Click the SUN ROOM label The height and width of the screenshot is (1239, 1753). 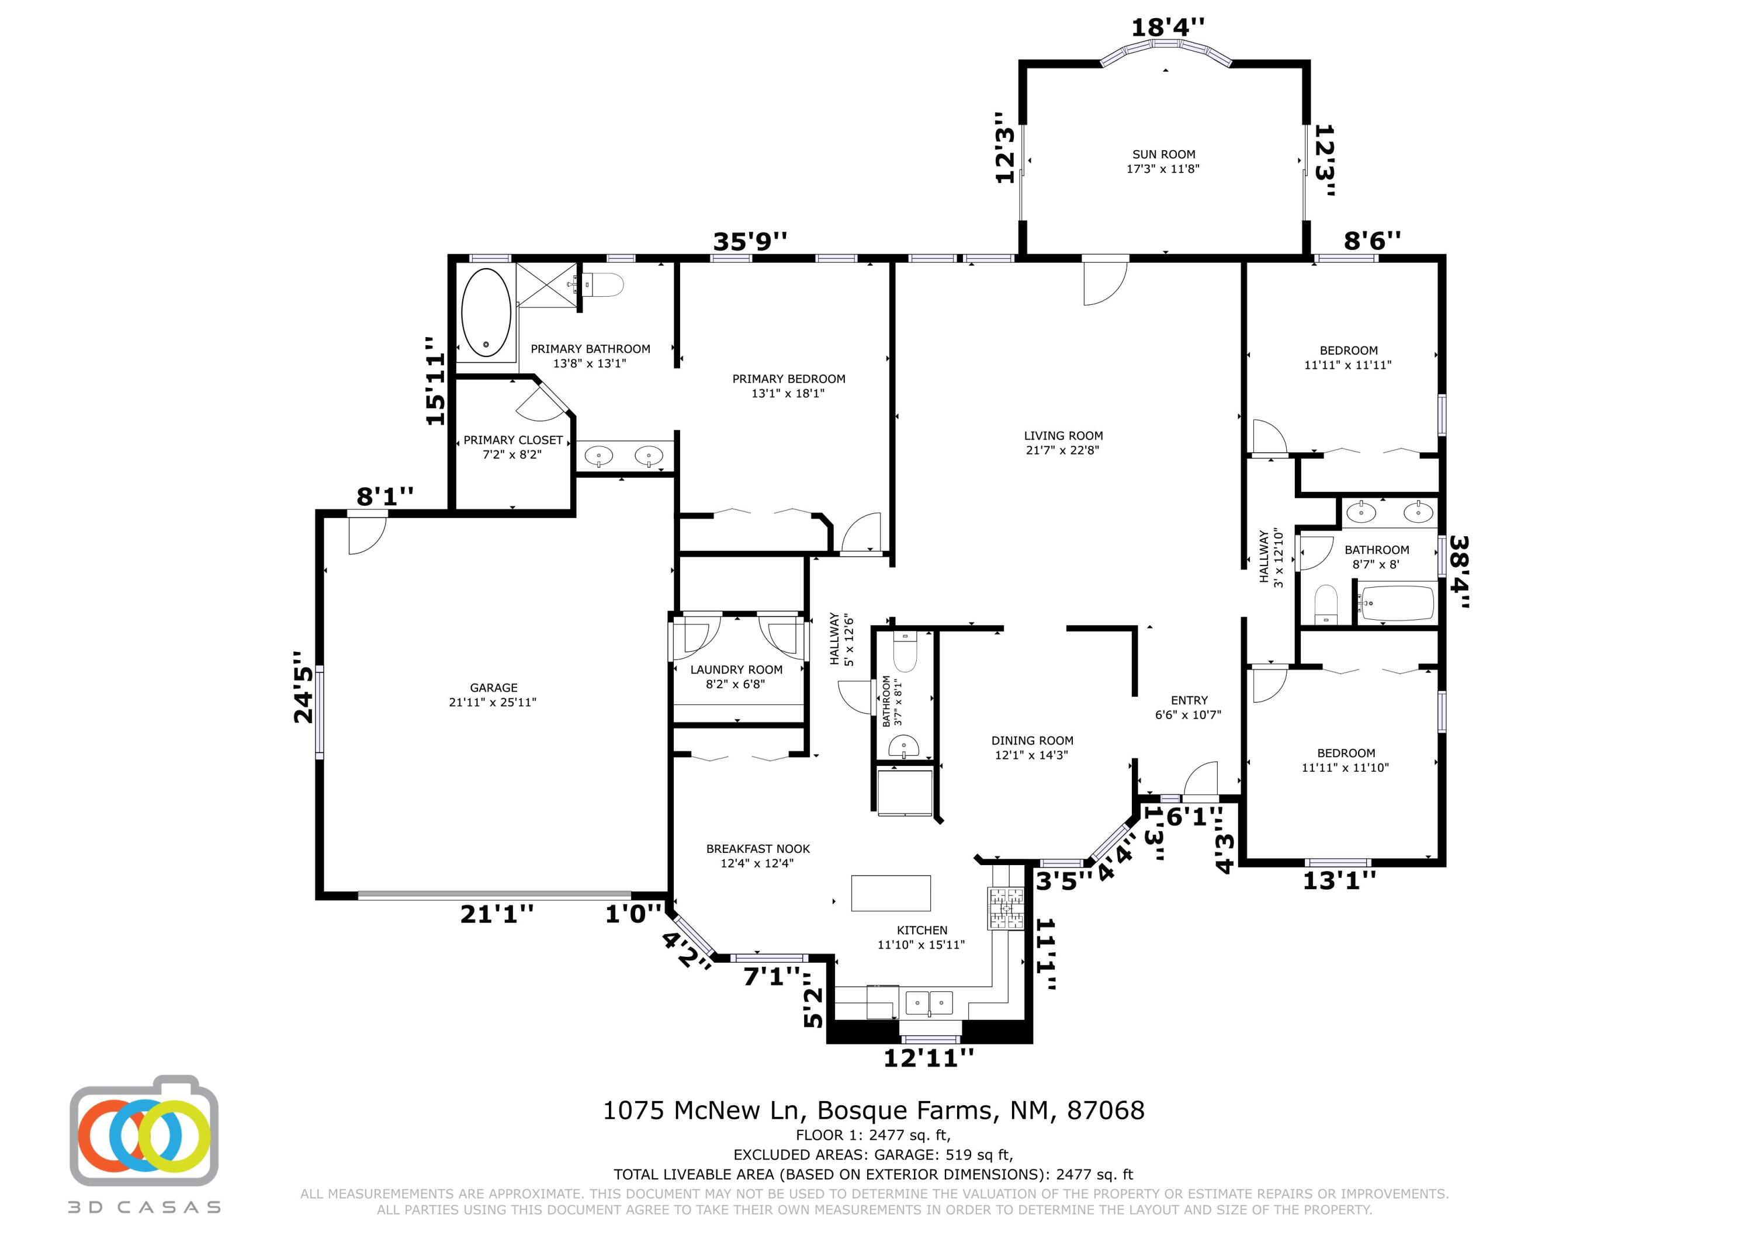1163,154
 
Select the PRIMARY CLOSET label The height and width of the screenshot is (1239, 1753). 513,440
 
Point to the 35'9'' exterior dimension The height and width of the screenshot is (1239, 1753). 750,241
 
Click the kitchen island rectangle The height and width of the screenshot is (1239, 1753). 891,893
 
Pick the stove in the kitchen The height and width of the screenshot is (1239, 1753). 1006,908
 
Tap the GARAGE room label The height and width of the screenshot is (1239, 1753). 493,688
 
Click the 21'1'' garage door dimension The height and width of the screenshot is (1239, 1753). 496,914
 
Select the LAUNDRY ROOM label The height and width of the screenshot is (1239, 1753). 736,670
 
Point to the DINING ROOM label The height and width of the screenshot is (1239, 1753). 1033,741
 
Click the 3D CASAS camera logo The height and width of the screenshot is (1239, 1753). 144,1130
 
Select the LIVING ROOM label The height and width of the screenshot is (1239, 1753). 1063,436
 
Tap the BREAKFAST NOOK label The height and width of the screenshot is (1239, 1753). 757,849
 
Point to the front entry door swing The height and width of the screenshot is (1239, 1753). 1200,779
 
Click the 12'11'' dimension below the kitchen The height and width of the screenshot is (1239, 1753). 929,1058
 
